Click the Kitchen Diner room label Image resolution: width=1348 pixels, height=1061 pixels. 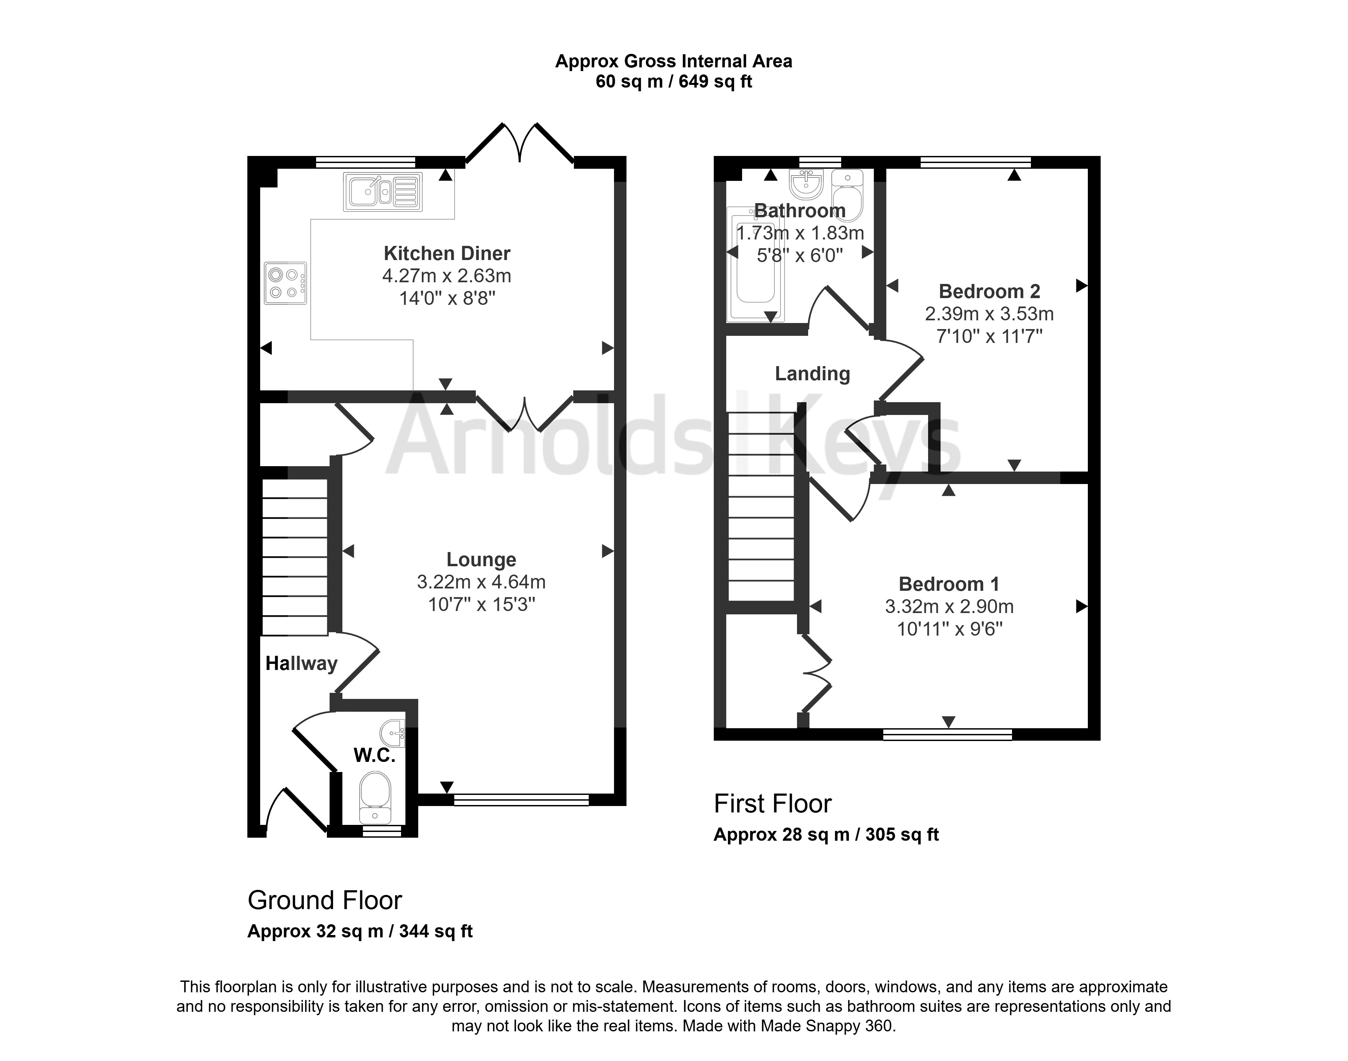[447, 253]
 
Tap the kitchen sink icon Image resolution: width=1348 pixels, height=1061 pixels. [382, 191]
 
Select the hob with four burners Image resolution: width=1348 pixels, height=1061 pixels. [285, 283]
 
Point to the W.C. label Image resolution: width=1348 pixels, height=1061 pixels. [375, 755]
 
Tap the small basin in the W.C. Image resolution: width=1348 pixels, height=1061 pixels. [393, 734]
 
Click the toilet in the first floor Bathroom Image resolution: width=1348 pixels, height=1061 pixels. [848, 195]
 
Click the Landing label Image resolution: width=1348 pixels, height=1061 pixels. [812, 373]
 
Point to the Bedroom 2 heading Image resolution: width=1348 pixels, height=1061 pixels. [989, 291]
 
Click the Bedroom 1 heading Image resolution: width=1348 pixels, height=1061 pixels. [949, 584]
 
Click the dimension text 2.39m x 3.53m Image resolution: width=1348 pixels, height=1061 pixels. [989, 314]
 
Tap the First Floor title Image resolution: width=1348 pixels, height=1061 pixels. [772, 804]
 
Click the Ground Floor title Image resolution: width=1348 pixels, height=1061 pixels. [325, 900]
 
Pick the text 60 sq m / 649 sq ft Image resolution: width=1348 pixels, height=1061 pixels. [674, 82]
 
